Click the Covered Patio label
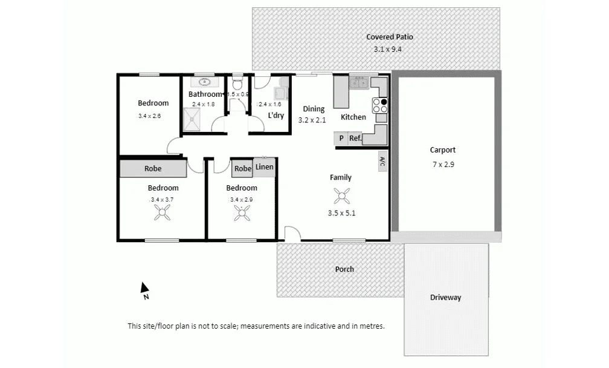(x=390, y=37)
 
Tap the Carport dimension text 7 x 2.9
(x=442, y=164)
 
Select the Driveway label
(x=446, y=297)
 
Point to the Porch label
(x=344, y=269)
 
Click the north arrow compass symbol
(x=144, y=289)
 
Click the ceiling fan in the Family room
(x=341, y=195)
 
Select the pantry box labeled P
(x=341, y=139)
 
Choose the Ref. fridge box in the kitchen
(x=355, y=139)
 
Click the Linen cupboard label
(x=265, y=167)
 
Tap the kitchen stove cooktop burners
(x=379, y=105)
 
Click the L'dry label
(x=276, y=116)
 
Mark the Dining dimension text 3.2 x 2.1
(x=312, y=120)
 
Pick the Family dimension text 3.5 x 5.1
(x=341, y=213)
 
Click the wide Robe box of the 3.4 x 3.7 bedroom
(x=153, y=169)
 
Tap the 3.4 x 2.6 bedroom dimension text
(x=149, y=116)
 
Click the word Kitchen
(x=353, y=117)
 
